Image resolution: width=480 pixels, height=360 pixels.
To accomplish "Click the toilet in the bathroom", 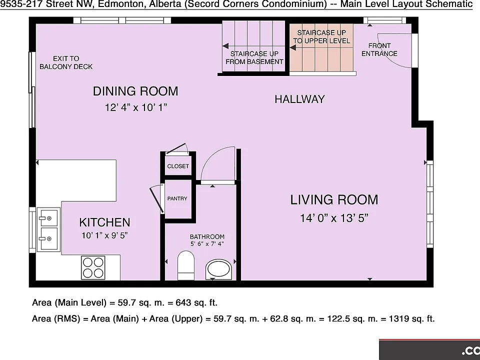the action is tap(186, 265).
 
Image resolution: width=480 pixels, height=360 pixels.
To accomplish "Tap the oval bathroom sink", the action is tap(219, 269).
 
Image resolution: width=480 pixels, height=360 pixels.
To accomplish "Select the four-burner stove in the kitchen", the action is tap(93, 267).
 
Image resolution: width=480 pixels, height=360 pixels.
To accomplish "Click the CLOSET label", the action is tap(178, 166).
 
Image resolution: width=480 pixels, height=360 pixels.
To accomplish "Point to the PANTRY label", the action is tap(177, 198).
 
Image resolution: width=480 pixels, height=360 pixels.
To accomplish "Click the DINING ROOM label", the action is tap(135, 91).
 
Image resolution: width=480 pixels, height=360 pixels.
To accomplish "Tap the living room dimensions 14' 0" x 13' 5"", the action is tap(334, 218).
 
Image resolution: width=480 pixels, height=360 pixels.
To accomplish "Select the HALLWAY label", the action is tap(299, 99).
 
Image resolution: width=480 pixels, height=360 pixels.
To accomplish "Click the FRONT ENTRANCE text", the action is tap(379, 49).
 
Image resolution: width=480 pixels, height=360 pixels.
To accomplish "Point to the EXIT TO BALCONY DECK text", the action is tap(66, 62).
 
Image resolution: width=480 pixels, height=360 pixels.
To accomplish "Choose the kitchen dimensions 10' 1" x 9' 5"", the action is tap(104, 235).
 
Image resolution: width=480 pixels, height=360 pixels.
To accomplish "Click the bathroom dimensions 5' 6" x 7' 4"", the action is tap(207, 244).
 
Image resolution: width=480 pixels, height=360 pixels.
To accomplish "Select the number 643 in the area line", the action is tap(183, 303).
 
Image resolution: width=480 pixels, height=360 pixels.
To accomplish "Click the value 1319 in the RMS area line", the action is tap(399, 318).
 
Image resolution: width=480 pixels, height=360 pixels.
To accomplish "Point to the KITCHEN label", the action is tap(104, 222).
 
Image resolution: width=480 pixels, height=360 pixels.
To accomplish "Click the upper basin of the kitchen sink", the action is tap(49, 217).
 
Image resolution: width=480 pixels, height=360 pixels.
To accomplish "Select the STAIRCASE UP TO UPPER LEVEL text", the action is tap(321, 36).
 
